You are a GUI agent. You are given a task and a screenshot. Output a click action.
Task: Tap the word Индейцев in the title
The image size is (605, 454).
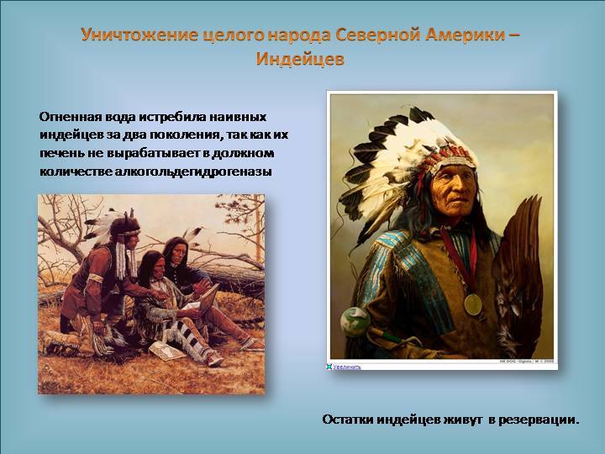pos(300,59)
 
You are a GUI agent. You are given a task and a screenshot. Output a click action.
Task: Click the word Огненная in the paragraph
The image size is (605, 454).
pos(67,117)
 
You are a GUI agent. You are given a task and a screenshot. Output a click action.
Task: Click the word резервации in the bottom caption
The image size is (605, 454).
pos(539,420)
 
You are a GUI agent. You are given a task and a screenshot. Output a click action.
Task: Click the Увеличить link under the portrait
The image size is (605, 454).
pos(346,367)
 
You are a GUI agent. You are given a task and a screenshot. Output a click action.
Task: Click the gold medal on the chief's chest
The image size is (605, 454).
pos(472,304)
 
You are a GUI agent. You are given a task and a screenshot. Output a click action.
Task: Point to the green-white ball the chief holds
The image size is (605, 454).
pos(355,321)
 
